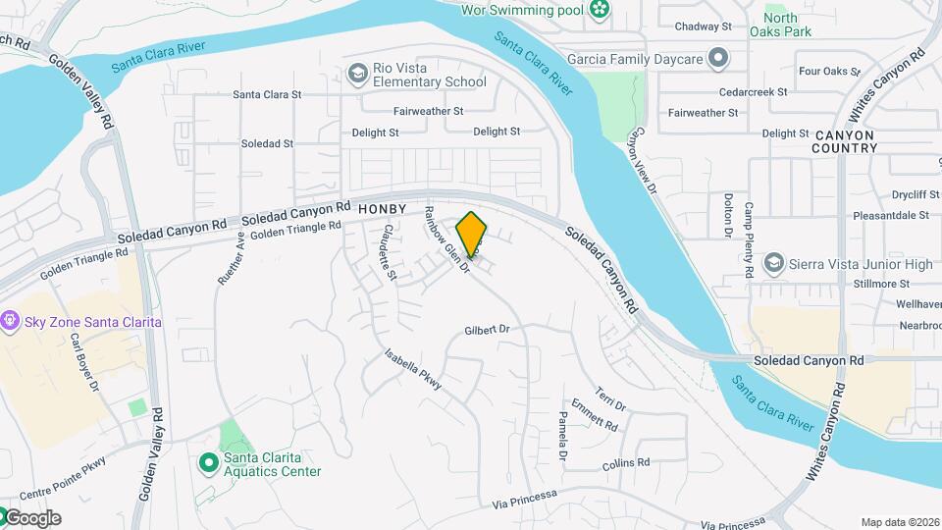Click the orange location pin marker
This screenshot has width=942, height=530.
click(x=472, y=235)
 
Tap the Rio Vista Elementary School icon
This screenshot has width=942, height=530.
click(x=357, y=73)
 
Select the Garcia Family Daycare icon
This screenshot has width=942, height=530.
click(x=718, y=59)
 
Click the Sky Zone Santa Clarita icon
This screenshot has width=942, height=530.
click(x=11, y=321)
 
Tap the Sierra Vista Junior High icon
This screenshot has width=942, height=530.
click(x=774, y=264)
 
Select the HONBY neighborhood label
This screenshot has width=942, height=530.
click(x=382, y=210)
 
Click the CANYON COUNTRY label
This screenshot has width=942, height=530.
click(x=844, y=141)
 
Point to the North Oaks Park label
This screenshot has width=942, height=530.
click(x=787, y=25)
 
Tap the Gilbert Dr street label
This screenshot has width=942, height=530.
click(x=489, y=330)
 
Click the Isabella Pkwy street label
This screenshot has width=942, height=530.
click(x=413, y=370)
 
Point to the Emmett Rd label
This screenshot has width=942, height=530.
click(x=594, y=415)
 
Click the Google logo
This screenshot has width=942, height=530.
click(x=31, y=518)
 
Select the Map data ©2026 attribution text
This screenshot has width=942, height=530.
click(x=899, y=522)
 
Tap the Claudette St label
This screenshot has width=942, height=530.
click(x=389, y=251)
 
